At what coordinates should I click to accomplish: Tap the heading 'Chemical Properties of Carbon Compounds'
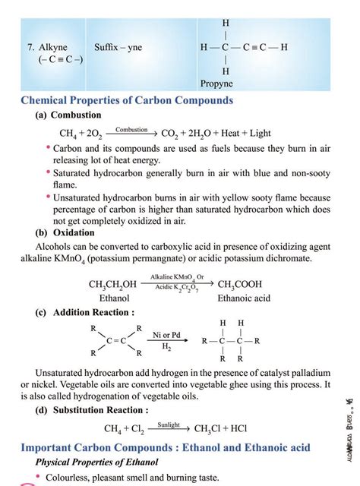(x=125, y=101)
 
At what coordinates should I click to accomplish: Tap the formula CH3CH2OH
(x=113, y=285)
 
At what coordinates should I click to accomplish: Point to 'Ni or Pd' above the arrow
(x=166, y=334)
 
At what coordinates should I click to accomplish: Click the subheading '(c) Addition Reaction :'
(x=86, y=312)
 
